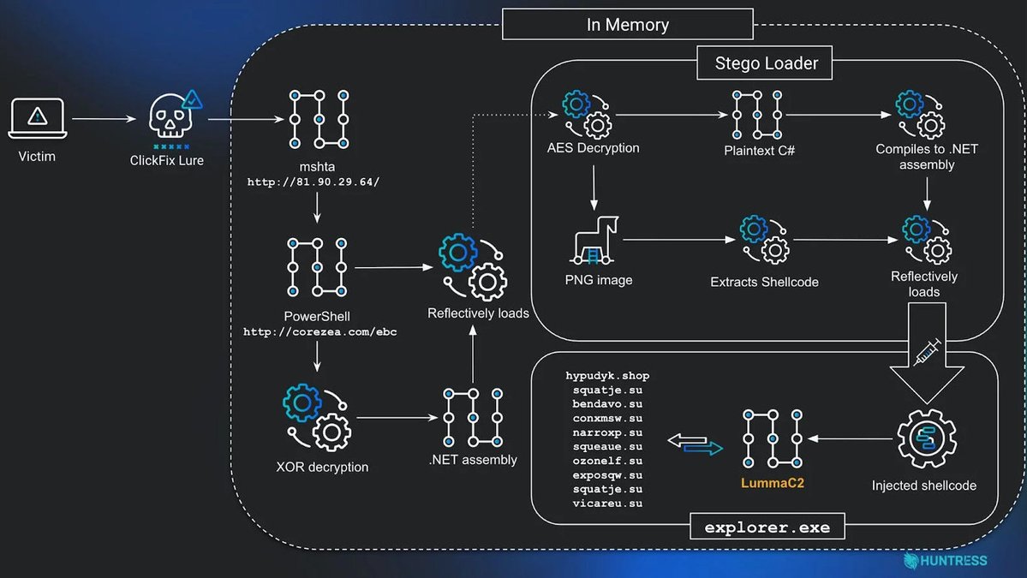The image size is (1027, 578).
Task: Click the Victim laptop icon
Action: tap(37, 118)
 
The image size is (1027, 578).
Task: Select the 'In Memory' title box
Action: tap(627, 24)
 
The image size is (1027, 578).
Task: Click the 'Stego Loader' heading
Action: tap(766, 63)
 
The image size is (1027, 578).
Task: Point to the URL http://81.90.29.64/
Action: tap(313, 182)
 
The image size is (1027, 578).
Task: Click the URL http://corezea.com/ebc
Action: tap(319, 331)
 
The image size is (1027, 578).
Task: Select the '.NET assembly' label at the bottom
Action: tap(473, 460)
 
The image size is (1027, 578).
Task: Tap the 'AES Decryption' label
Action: tap(593, 147)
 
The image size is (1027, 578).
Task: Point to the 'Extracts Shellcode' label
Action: tap(764, 282)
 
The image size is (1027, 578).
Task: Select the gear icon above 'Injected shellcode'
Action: tap(925, 438)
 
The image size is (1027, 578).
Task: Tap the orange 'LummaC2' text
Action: tap(772, 483)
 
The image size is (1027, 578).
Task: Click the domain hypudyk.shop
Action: tap(607, 376)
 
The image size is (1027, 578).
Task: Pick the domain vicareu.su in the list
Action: tap(607, 504)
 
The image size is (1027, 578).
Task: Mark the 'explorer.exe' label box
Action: tap(767, 527)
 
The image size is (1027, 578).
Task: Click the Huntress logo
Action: tap(946, 561)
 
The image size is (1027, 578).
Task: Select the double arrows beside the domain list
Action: tap(695, 444)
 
